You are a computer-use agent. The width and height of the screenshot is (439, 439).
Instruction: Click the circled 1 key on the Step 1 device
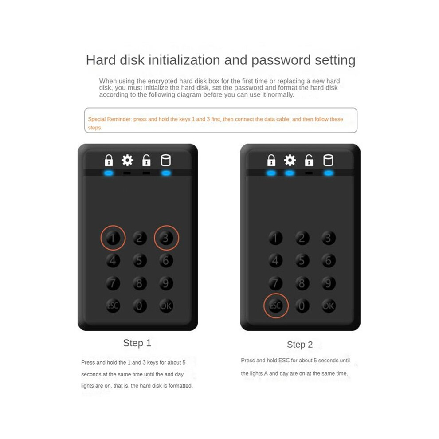point(113,238)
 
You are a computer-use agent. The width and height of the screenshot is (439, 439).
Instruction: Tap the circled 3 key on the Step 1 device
point(166,238)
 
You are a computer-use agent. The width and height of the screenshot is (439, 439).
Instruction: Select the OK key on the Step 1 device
point(166,306)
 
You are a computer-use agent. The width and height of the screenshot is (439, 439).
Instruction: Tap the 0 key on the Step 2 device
point(302,306)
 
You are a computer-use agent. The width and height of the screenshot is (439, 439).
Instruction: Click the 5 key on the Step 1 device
point(139,260)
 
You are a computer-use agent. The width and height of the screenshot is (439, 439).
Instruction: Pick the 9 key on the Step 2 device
point(329,283)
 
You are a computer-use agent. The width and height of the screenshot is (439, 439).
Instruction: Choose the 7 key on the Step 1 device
point(113,283)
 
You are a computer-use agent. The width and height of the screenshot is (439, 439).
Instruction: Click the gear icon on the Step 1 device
point(127,160)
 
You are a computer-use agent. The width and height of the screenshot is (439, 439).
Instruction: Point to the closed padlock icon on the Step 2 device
point(271,160)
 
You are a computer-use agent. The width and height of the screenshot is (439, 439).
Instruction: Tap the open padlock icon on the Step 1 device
point(146,160)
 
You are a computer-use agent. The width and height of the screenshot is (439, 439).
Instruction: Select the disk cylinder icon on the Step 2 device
point(328,160)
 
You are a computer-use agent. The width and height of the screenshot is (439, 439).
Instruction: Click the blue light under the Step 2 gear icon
point(290,173)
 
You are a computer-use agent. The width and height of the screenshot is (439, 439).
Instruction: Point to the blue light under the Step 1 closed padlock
point(109,173)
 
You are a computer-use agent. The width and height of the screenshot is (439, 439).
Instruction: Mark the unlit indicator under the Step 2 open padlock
point(309,173)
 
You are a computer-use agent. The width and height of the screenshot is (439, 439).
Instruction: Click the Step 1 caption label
point(137,343)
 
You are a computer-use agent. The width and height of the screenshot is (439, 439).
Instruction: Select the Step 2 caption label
point(300,345)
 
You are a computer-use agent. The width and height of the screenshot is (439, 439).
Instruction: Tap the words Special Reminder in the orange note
point(110,119)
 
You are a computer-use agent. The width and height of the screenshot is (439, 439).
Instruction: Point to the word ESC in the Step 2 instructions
point(284,361)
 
